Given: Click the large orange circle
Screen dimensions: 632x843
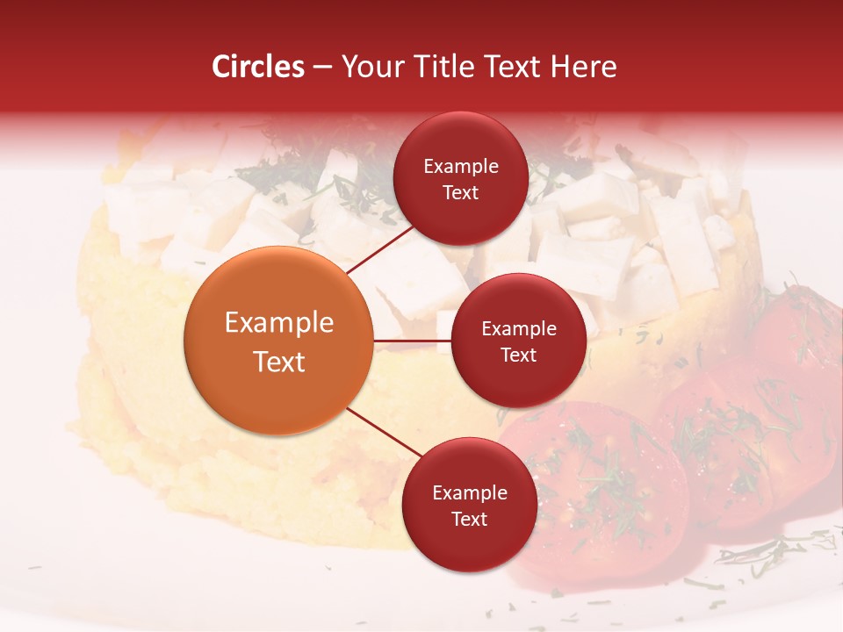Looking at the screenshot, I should coord(278,341).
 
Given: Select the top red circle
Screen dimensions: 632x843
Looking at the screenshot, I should coord(460,178).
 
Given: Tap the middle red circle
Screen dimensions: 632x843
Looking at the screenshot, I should coord(518,341).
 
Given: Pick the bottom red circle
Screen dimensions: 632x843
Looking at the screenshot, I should coord(469,505).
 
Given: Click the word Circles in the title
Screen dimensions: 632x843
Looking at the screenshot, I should coord(258,67).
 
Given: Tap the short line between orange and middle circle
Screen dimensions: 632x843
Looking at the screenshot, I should coord(412,340).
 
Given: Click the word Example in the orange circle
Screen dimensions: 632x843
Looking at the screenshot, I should coord(279,323).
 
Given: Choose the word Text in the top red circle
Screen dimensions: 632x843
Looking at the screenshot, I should coord(460,193).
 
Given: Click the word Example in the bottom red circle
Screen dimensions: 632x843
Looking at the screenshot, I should coord(470,493).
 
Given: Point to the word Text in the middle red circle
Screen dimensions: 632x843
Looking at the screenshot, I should coord(518,355).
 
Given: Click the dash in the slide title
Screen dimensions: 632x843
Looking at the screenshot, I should coord(322,67).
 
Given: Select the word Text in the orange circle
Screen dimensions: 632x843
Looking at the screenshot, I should coord(279,362).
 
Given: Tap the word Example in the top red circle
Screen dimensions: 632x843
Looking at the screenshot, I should coord(461,167).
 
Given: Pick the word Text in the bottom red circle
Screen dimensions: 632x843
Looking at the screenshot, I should coord(469,519).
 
